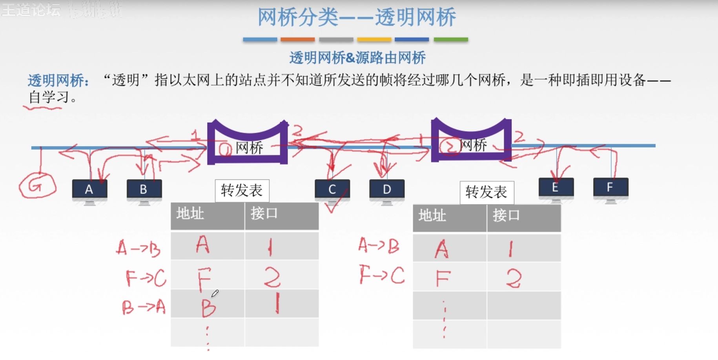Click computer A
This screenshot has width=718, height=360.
[89, 190]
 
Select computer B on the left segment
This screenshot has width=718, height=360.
[144, 190]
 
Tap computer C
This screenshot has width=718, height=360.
[332, 190]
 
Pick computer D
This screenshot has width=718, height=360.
[387, 190]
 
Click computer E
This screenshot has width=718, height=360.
[556, 188]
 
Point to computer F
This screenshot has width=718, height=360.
[610, 188]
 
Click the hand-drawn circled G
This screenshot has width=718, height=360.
[37, 186]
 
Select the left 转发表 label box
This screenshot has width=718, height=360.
[242, 191]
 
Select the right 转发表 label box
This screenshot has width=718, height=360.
[487, 192]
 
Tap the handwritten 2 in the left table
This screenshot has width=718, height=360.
[272, 277]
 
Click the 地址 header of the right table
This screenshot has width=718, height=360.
[432, 216]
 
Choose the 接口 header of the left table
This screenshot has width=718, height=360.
[264, 214]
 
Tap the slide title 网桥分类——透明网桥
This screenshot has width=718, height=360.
[357, 17]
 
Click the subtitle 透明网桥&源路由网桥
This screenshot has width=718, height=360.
[357, 58]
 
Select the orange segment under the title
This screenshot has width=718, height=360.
[297, 39]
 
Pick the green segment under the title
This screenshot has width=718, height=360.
[451, 39]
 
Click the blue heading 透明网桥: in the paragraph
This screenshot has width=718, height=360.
[58, 80]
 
